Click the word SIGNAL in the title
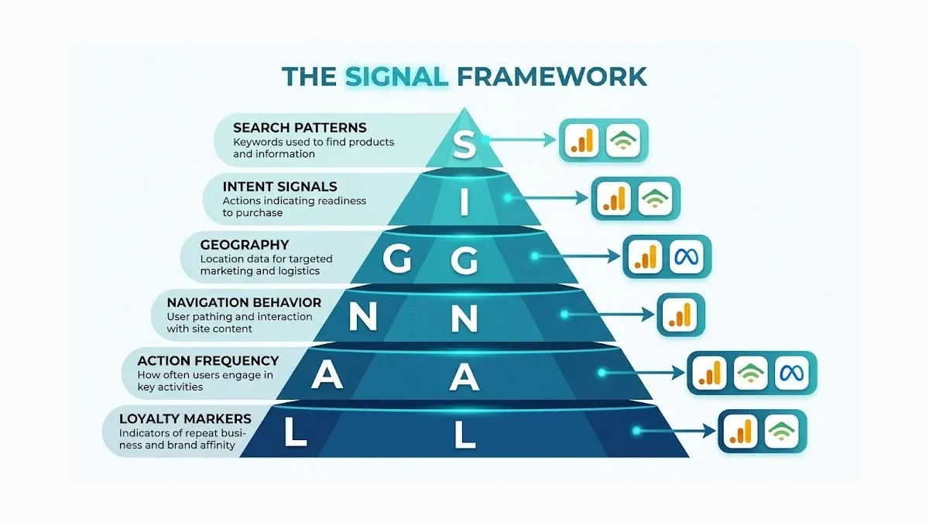pos(396,76)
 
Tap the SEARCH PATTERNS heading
pos(300,127)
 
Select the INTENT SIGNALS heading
pos(279,186)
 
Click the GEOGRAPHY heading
pos(244,245)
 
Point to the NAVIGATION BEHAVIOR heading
pos(244,302)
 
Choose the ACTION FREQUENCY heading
pos(207,360)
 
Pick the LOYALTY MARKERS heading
pos(185,418)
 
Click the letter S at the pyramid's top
pos(463,144)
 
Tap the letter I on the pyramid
pos(464,203)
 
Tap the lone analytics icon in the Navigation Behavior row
pos(680,315)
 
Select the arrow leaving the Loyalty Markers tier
pos(674,431)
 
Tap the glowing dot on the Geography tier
pos(533,256)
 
